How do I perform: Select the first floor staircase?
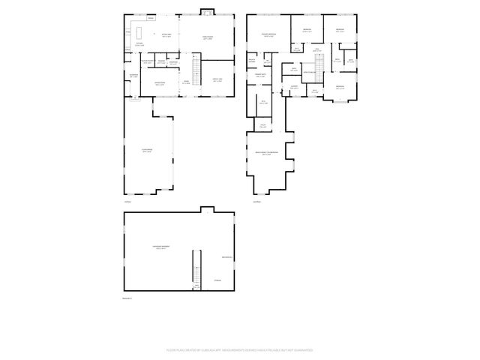tap(197, 72)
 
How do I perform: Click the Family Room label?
tap(207, 37)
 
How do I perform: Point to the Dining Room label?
tap(160, 82)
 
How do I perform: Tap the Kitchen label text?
tap(139, 44)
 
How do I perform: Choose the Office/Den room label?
tap(217, 81)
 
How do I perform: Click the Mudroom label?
tap(133, 76)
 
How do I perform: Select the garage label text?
tap(147, 151)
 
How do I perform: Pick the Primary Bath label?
tap(262, 76)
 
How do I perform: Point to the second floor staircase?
tap(318, 68)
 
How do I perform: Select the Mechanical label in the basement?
tap(226, 258)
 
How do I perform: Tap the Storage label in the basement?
tap(217, 280)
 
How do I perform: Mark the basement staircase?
tap(196, 269)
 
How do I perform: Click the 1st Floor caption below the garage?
tap(127, 202)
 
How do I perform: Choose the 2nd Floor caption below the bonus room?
tap(256, 202)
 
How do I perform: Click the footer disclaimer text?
tap(240, 349)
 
